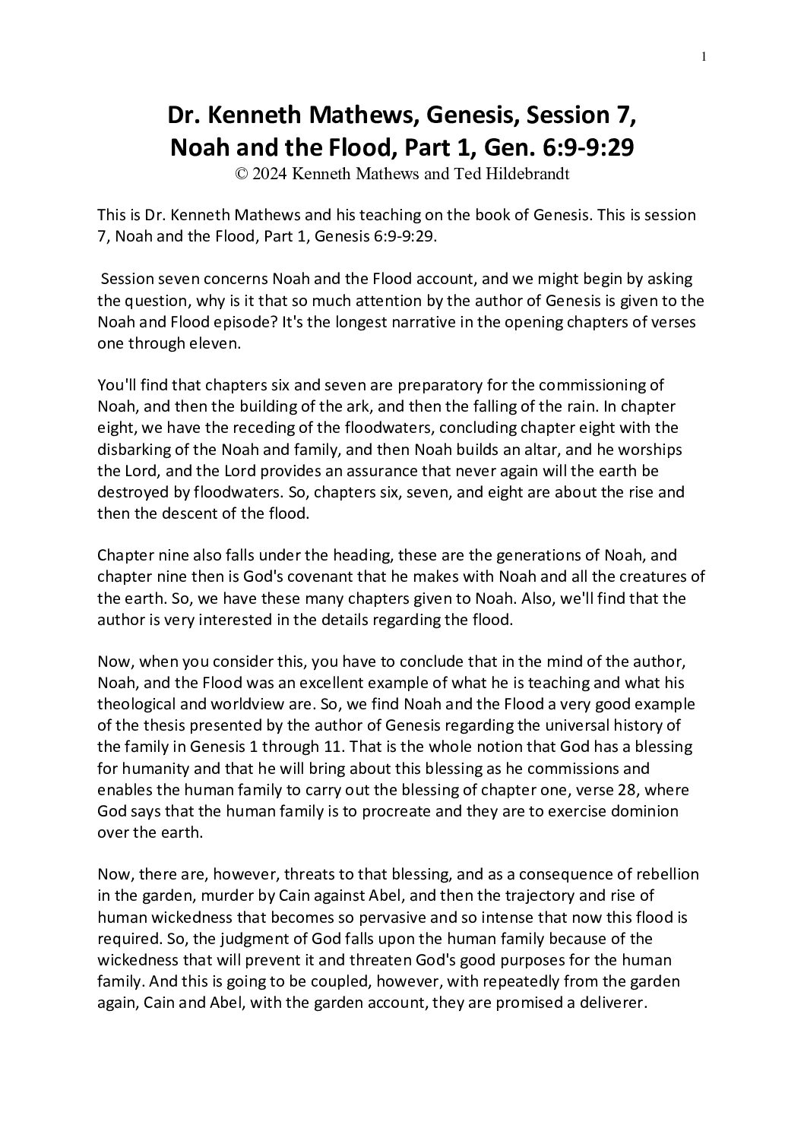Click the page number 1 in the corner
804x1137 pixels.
(704, 55)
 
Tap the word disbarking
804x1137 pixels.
(134, 449)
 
